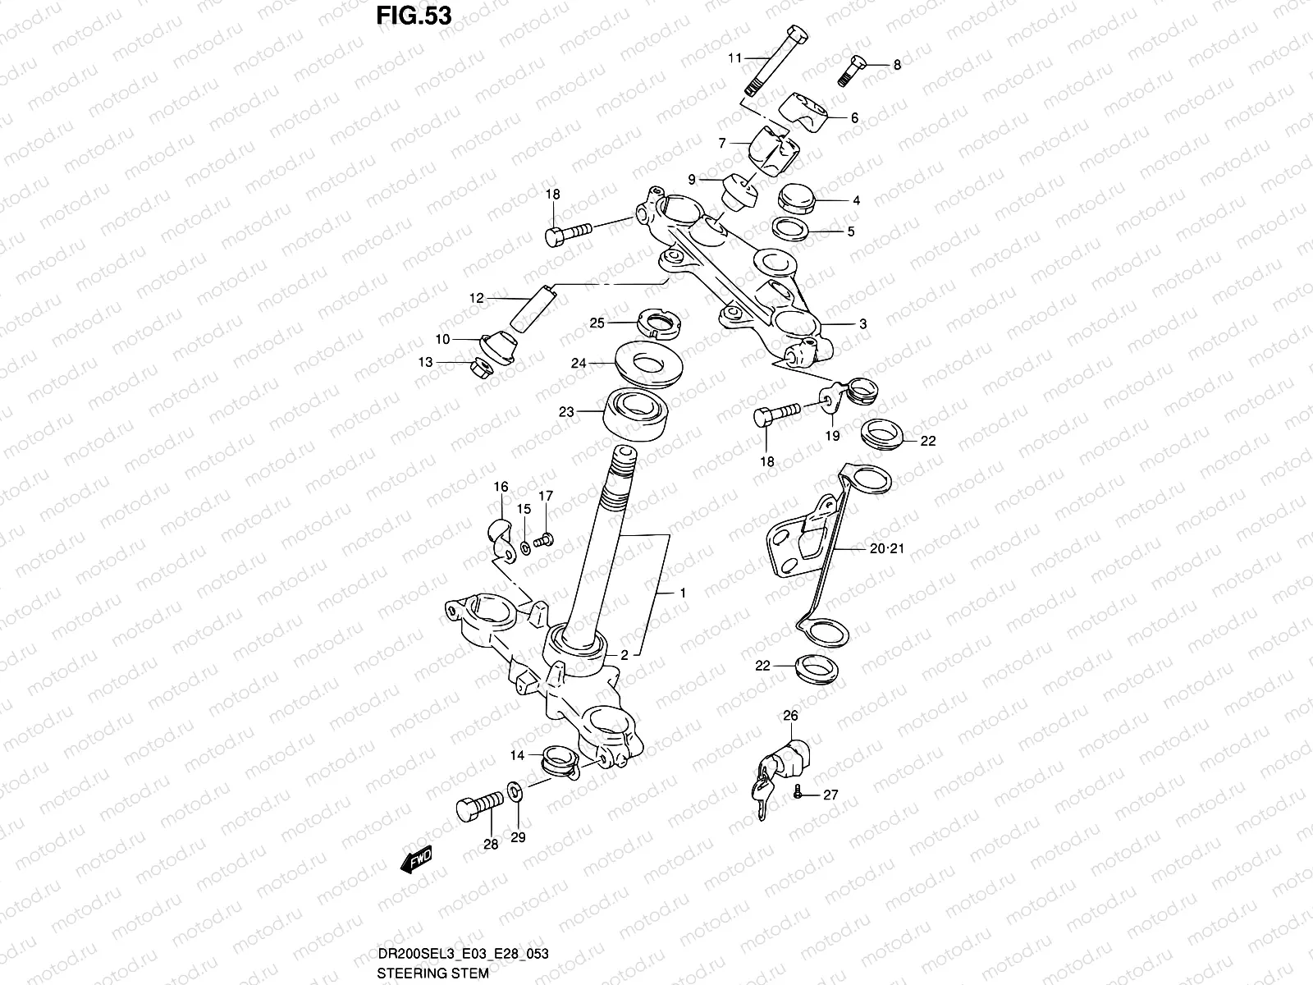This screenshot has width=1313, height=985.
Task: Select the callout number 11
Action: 734,57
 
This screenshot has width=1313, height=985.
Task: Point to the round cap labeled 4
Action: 794,200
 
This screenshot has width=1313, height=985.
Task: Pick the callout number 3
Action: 862,324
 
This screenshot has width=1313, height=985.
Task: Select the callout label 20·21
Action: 885,548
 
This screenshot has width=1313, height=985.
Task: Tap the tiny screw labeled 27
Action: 796,793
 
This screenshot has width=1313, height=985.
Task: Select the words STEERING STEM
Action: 432,974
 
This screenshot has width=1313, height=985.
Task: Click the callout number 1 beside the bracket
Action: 682,593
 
